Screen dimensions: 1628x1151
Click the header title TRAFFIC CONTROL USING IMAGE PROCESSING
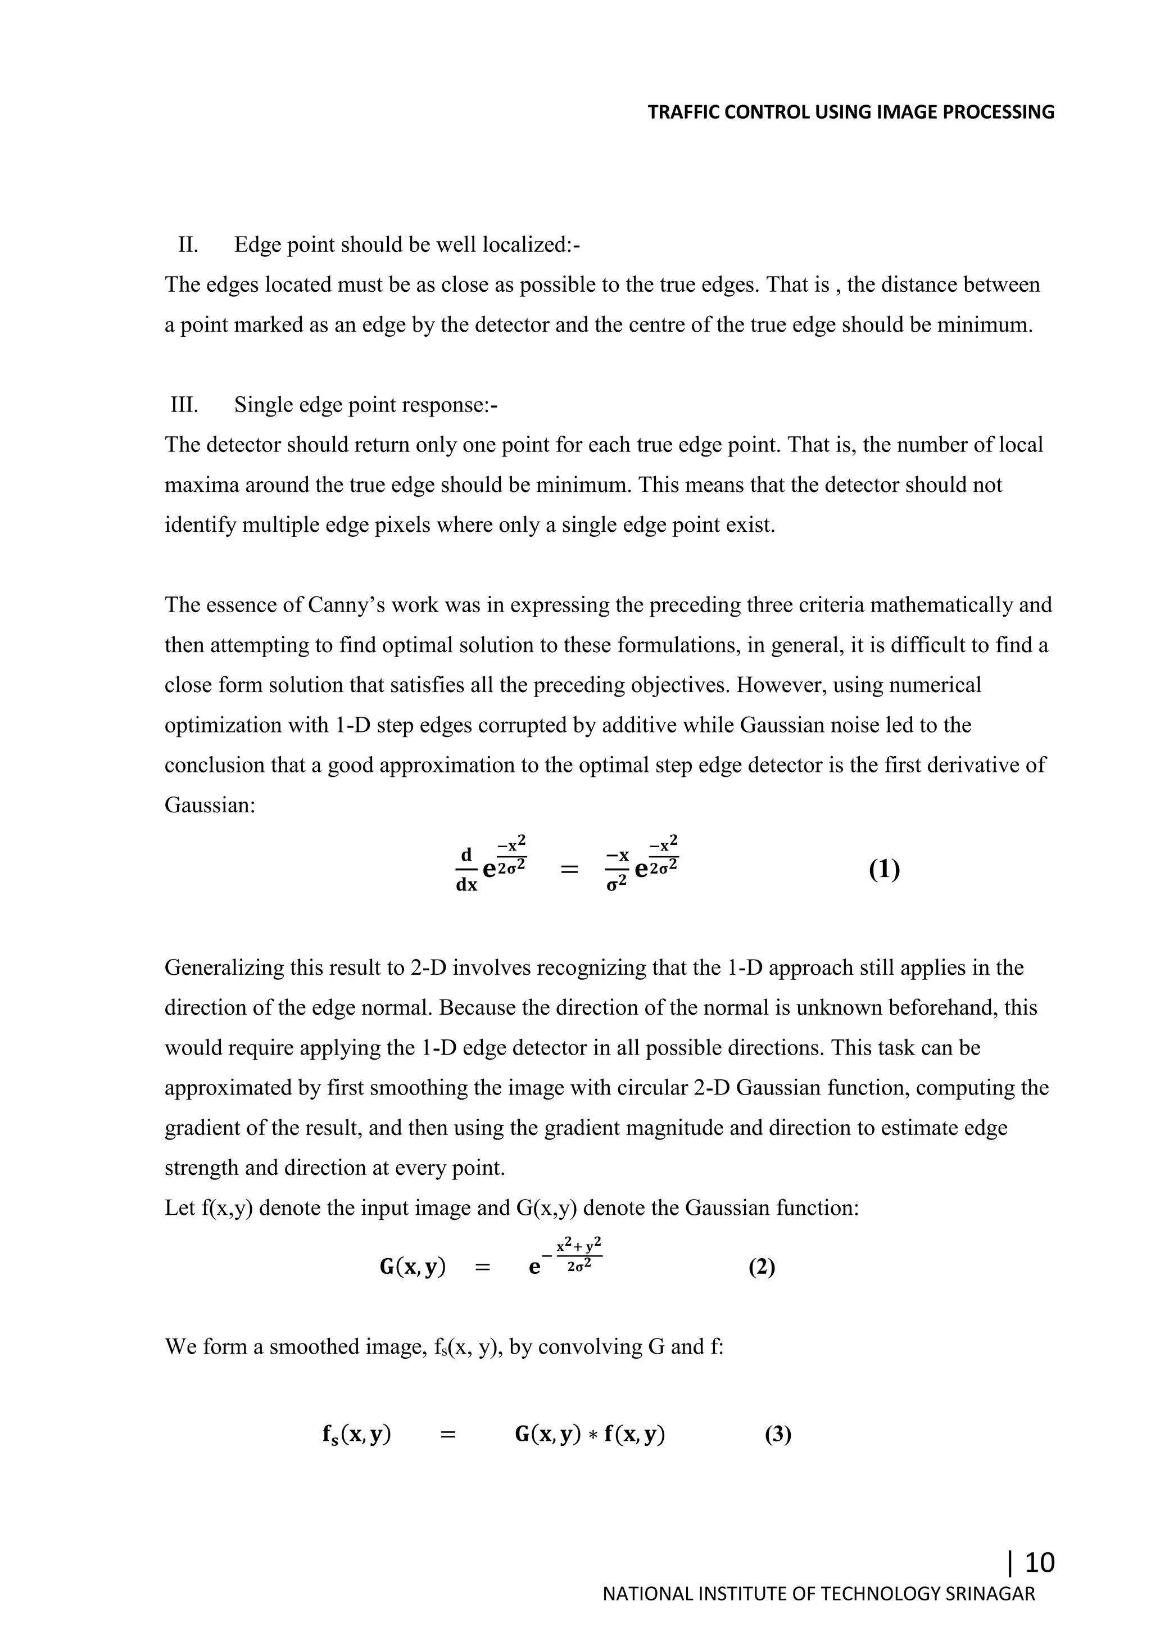(x=850, y=112)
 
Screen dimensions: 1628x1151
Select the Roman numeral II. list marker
(x=188, y=245)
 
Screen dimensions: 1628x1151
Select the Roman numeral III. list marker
(x=184, y=405)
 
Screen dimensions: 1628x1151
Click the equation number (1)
(x=884, y=869)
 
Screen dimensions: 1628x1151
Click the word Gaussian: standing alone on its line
(x=209, y=805)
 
